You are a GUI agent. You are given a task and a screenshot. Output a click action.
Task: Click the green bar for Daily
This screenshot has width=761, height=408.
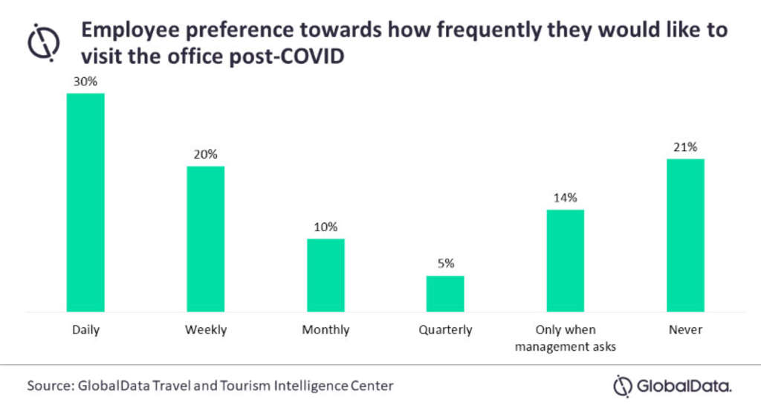click(85, 202)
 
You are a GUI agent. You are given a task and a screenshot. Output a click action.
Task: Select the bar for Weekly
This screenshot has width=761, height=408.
click(205, 239)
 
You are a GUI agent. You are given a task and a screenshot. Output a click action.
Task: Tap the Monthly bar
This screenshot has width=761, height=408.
click(326, 275)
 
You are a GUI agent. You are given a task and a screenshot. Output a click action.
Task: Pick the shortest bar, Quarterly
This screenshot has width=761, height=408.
click(445, 294)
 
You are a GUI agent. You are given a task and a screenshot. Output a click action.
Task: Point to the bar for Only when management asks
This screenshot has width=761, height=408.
click(566, 260)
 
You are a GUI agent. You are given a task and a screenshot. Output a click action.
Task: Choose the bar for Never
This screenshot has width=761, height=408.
click(685, 235)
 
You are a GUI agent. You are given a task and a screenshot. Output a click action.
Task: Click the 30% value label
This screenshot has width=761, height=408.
click(85, 82)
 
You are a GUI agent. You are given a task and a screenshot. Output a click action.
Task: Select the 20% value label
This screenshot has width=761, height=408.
click(205, 155)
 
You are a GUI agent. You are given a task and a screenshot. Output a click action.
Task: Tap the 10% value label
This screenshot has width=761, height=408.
click(326, 227)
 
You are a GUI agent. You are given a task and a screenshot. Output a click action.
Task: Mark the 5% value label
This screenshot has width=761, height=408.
click(445, 263)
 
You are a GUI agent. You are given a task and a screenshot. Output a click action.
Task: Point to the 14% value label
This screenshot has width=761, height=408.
click(566, 198)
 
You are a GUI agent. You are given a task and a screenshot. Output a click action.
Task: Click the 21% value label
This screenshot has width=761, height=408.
click(685, 147)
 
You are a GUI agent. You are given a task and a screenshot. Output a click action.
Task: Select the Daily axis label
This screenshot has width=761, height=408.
click(85, 329)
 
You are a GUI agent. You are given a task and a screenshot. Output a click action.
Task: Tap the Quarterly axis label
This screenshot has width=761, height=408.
click(445, 329)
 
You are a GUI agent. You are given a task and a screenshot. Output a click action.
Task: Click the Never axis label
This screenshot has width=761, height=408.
click(685, 329)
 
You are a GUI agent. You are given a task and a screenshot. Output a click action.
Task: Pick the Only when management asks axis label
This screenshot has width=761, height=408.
click(566, 336)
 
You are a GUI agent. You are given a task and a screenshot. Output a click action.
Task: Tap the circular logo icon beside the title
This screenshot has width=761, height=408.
click(43, 42)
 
